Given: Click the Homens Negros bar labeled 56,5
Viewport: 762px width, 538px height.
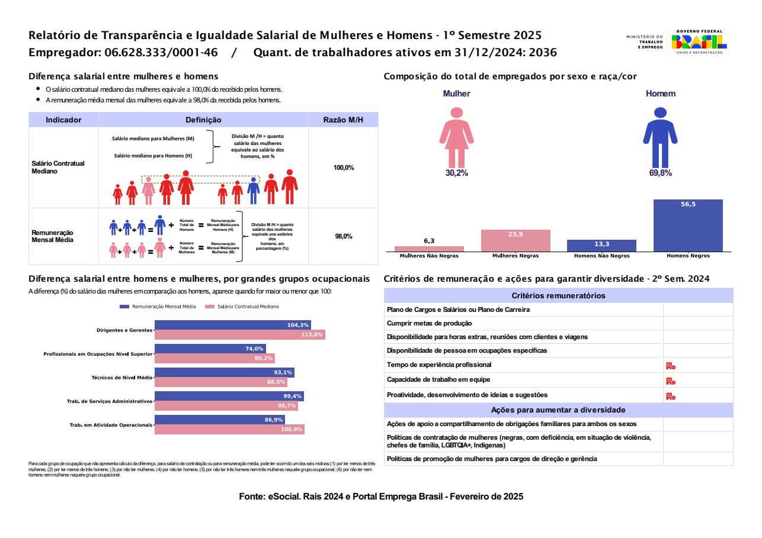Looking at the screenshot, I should pos(688,225).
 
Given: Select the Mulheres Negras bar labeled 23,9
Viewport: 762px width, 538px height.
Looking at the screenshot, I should pos(516,241).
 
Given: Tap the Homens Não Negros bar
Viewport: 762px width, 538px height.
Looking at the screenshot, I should pos(601,246).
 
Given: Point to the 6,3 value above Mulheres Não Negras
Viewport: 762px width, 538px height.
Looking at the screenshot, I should pos(430,241).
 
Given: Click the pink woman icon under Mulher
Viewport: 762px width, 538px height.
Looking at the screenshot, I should pos(456,137).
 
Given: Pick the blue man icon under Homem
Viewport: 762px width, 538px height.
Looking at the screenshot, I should pos(660,137).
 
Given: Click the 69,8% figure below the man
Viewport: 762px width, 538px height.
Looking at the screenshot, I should pos(660,173).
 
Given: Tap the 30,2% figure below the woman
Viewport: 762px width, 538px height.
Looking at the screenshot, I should pos(457,173).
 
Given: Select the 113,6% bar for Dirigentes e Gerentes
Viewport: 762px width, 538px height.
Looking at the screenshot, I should pos(240,335).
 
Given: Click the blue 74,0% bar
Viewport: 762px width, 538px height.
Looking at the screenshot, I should pos(210,349).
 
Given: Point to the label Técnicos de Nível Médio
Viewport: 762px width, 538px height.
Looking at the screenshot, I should pos(122,378).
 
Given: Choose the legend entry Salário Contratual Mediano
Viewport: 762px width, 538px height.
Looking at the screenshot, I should pos(242,307).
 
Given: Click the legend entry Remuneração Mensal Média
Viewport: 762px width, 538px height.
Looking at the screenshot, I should pos(158,307).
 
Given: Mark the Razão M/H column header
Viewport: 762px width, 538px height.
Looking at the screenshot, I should pos(343,120).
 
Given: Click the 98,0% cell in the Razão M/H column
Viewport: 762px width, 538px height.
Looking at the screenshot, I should pos(344,236).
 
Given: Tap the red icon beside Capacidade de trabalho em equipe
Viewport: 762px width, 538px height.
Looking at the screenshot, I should pos(671,381).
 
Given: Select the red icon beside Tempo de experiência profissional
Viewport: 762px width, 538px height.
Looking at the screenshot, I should pos(671,366).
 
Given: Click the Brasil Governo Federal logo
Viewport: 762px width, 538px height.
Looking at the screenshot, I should pos(699,42).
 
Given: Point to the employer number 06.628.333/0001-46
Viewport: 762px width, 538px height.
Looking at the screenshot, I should pos(161,53).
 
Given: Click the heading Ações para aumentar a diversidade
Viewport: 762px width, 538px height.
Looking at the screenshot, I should pos(558,410).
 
